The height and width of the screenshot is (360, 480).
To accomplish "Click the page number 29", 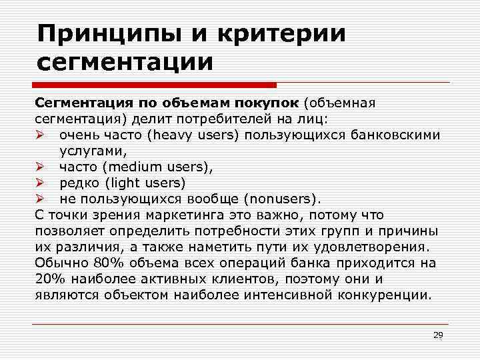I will (x=438, y=335).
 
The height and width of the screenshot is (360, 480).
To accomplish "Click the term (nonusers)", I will (x=283, y=199).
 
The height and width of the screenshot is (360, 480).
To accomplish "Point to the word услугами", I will (x=87, y=151).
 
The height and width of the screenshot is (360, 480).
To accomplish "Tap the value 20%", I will (x=48, y=279).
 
